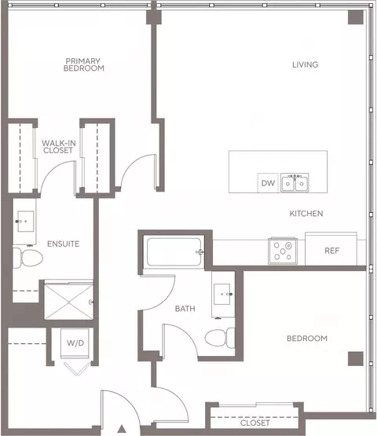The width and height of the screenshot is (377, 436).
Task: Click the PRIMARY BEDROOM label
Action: [x=85, y=64]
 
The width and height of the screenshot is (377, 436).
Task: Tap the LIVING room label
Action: [x=305, y=64]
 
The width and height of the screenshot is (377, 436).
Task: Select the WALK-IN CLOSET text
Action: [x=58, y=146]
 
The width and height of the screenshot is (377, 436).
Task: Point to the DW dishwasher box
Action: [x=267, y=183]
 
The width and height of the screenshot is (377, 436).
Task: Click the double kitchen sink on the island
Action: [x=295, y=182]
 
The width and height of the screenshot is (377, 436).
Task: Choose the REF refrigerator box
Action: [x=332, y=251]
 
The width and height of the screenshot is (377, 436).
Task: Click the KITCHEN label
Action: [x=306, y=214]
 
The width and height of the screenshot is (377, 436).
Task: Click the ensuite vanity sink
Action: [x=26, y=219]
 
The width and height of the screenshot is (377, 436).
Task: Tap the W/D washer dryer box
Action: [x=75, y=343]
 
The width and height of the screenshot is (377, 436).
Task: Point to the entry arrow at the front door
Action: [x=121, y=429]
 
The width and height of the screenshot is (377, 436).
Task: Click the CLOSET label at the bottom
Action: [x=255, y=423]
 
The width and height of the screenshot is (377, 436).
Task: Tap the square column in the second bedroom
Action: [x=355, y=358]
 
